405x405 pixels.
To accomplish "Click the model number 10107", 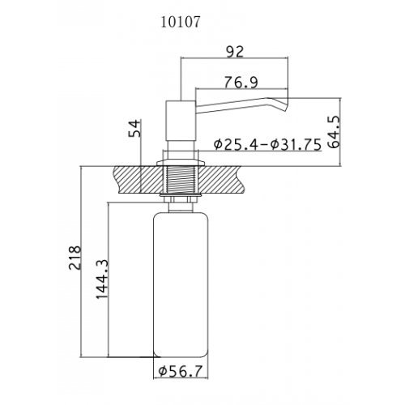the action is (181, 22).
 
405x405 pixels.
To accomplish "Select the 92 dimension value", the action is (235, 51).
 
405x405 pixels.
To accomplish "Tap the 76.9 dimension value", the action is (241, 83).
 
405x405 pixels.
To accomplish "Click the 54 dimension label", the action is (134, 128).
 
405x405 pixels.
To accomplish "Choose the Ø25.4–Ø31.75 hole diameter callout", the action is (267, 144).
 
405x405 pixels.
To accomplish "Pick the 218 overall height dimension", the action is (75, 258).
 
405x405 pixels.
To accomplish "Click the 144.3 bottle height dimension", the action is (102, 279).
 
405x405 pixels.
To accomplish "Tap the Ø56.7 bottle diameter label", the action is (181, 372).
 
